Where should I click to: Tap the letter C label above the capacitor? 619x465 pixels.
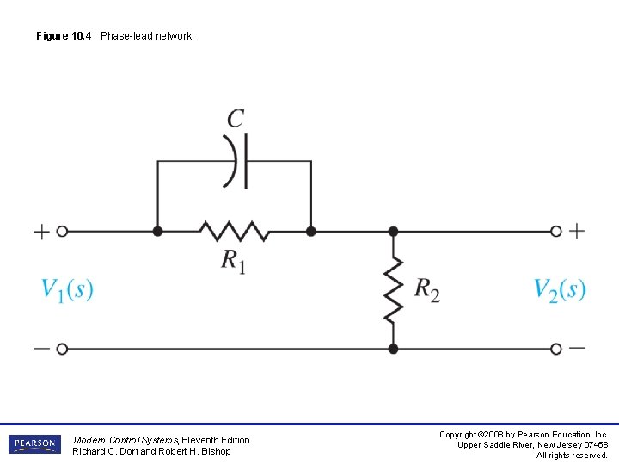pos(236,118)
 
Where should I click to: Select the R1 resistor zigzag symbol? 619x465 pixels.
pos(234,231)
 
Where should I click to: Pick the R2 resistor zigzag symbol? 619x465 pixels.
pos(393,289)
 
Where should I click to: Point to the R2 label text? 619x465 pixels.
pos(426,289)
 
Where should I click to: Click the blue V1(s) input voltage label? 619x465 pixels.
pos(67,289)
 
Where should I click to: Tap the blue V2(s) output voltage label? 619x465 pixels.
pos(560,289)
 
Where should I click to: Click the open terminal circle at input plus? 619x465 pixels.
pos(62,231)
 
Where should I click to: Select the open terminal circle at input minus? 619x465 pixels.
pos(62,349)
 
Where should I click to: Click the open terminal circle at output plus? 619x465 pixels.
pos(556,231)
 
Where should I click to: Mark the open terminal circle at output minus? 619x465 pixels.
pos(556,349)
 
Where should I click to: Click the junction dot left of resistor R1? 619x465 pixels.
pos(157,231)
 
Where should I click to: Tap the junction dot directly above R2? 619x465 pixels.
pos(393,231)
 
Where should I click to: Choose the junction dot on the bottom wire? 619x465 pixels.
pos(393,349)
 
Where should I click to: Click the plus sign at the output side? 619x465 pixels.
pos(577,230)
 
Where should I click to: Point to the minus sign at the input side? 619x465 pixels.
pos(40,349)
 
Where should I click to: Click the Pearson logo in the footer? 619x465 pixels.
pos(34,444)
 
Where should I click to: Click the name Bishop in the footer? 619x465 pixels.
pos(216,451)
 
